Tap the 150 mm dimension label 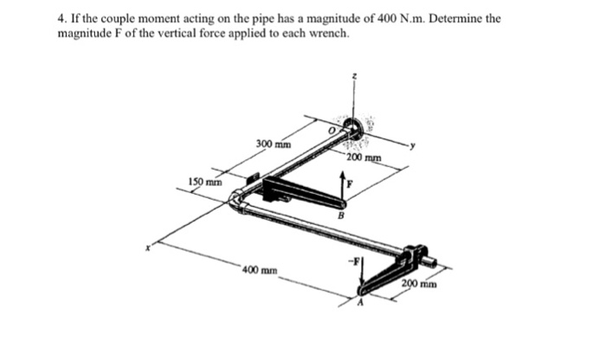tap(205, 182)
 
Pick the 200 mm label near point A tap(419, 283)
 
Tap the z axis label tap(353, 78)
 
